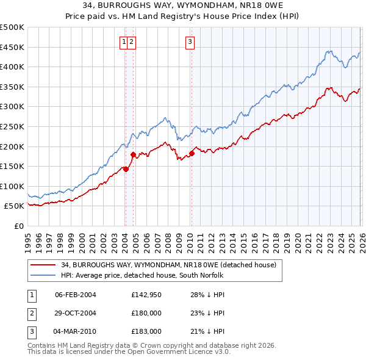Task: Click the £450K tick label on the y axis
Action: pos(12,47)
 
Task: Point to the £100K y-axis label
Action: pos(12,186)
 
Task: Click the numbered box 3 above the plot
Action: pos(190,41)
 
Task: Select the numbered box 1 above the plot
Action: pos(124,41)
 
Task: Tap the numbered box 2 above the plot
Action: pos(132,41)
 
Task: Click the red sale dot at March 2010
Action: pos(192,153)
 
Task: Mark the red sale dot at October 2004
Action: pos(134,154)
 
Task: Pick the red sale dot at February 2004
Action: pos(126,169)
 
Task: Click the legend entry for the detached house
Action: pos(168,265)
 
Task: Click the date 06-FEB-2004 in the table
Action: pos(76,295)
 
